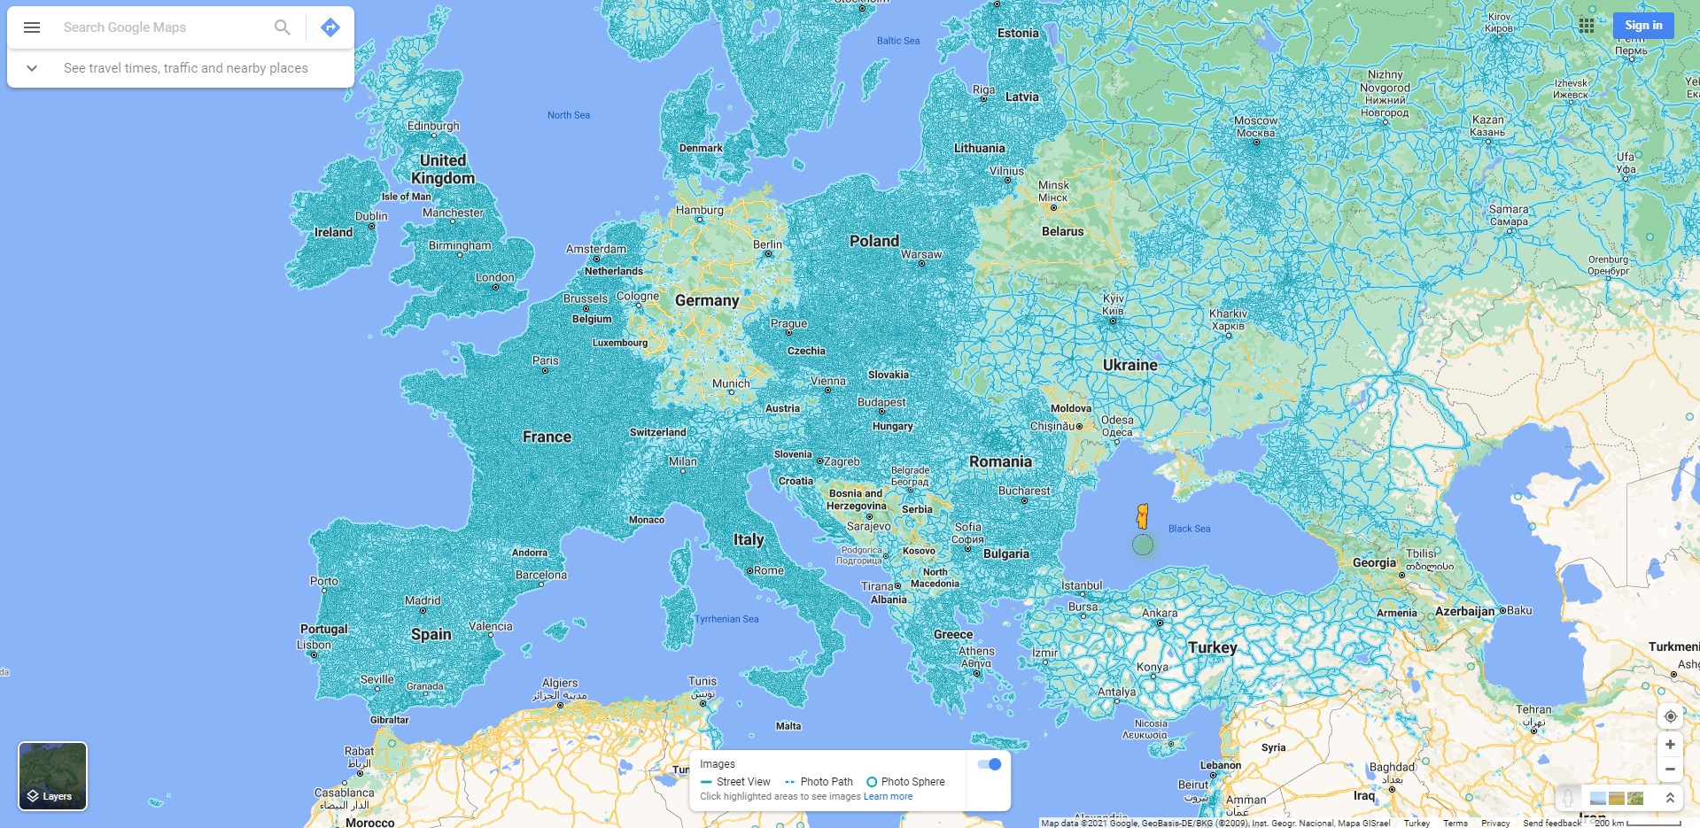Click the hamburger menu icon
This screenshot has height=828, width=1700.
(32, 27)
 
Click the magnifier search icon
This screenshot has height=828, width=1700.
(282, 27)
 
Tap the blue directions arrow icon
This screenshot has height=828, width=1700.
(330, 27)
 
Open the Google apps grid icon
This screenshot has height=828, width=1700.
(1587, 26)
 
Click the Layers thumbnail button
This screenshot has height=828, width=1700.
(53, 776)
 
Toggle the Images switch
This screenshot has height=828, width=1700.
(990, 764)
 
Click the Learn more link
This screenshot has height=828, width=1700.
(888, 796)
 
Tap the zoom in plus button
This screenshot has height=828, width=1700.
(1670, 745)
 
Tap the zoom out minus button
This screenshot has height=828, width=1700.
(1670, 770)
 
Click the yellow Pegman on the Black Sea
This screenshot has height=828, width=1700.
(1143, 516)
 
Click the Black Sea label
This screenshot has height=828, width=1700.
(1189, 529)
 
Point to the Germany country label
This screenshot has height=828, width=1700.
(707, 301)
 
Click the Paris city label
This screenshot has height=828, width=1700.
(546, 360)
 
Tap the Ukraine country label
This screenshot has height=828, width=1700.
(1129, 365)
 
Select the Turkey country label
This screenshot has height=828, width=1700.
(1212, 647)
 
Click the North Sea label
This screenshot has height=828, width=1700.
(568, 115)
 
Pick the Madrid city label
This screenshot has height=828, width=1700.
(423, 600)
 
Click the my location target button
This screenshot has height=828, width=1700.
(1670, 716)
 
